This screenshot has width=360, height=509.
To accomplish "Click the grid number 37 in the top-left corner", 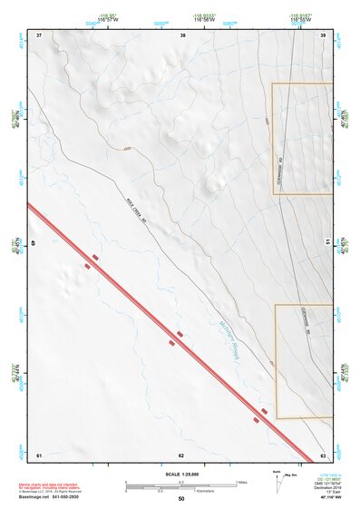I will coord(39,34).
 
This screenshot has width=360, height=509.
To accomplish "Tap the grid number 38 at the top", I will coord(183,34).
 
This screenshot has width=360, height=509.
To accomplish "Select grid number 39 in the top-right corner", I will coord(323,34).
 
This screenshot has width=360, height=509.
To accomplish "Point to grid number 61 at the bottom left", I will coord(39,454).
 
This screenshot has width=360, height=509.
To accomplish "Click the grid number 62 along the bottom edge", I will coord(181,454).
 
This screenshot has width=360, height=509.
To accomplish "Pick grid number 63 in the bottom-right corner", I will coord(323,454).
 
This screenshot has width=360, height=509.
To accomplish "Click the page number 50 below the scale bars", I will coord(181,499).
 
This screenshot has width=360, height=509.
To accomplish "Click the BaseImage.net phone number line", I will coord(51,495).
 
